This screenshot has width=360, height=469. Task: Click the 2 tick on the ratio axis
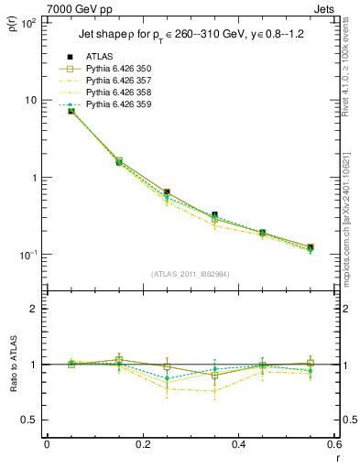click(34, 309)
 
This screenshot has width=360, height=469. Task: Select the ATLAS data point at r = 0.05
click(71, 111)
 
